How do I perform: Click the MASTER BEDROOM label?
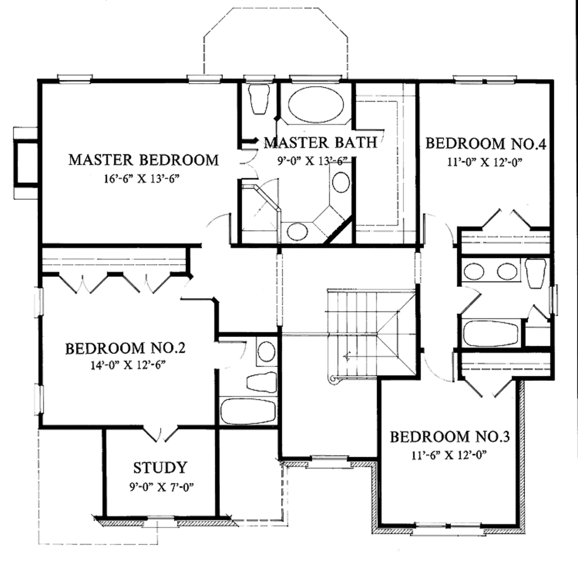pyautogui.click(x=143, y=160)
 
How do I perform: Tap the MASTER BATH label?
pyautogui.click(x=319, y=142)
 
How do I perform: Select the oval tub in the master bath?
pyautogui.click(x=316, y=104)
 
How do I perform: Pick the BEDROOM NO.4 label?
pyautogui.click(x=485, y=143)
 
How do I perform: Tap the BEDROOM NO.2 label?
pyautogui.click(x=125, y=348)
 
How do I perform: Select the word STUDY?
pyautogui.click(x=160, y=468)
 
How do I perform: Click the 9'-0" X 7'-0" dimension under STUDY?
pyautogui.click(x=161, y=487)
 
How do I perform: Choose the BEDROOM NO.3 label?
pyautogui.click(x=450, y=436)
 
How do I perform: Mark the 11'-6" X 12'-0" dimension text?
pyautogui.click(x=449, y=454)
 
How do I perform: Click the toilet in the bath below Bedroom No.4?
pyautogui.click(x=535, y=273)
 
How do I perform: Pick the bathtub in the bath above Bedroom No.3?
pyautogui.click(x=490, y=334)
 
